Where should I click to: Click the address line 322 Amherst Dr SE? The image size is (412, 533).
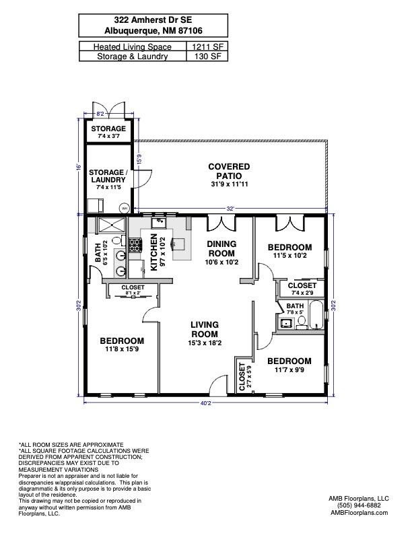tap(153, 20)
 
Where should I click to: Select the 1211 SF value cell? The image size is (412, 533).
tap(207, 46)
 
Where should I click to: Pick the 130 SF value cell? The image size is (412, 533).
tap(207, 57)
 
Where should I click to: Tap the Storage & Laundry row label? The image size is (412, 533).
tap(132, 57)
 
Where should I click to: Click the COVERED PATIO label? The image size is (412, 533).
tap(229, 171)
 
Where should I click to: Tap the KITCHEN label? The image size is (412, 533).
tap(154, 252)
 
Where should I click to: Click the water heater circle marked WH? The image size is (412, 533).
tap(124, 208)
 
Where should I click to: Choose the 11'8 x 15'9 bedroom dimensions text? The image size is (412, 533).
tap(123, 349)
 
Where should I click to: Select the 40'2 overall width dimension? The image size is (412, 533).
tap(205, 404)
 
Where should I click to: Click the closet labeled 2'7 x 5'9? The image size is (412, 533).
tap(241, 377)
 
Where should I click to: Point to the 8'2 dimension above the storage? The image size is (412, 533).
tap(100, 115)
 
